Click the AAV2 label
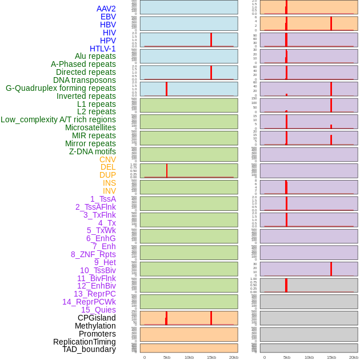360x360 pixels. pyautogui.click(x=106, y=9)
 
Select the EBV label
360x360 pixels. pyautogui.click(x=108, y=17)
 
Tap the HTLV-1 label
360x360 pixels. pyautogui.click(x=103, y=49)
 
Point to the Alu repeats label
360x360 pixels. pyautogui.click(x=95, y=56)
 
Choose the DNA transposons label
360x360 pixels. pyautogui.click(x=85, y=80)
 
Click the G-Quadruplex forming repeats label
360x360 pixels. pyautogui.click(x=61, y=88)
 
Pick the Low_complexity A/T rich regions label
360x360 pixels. pyautogui.click(x=58, y=119)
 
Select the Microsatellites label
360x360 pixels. pyautogui.click(x=90, y=127)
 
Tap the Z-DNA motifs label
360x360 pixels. pyautogui.click(x=93, y=151)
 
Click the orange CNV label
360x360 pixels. pyautogui.click(x=107, y=159)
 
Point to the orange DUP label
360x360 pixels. pyautogui.click(x=107, y=175)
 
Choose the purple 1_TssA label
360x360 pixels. pyautogui.click(x=103, y=199)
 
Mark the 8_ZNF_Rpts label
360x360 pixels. pyautogui.click(x=93, y=254)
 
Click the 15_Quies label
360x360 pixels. pyautogui.click(x=98, y=310)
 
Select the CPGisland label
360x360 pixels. pyautogui.click(x=97, y=318)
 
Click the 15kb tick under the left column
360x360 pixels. pyautogui.click(x=211, y=357)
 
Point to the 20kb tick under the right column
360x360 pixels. pyautogui.click(x=354, y=357)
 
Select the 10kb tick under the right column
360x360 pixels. pyautogui.click(x=309, y=357)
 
